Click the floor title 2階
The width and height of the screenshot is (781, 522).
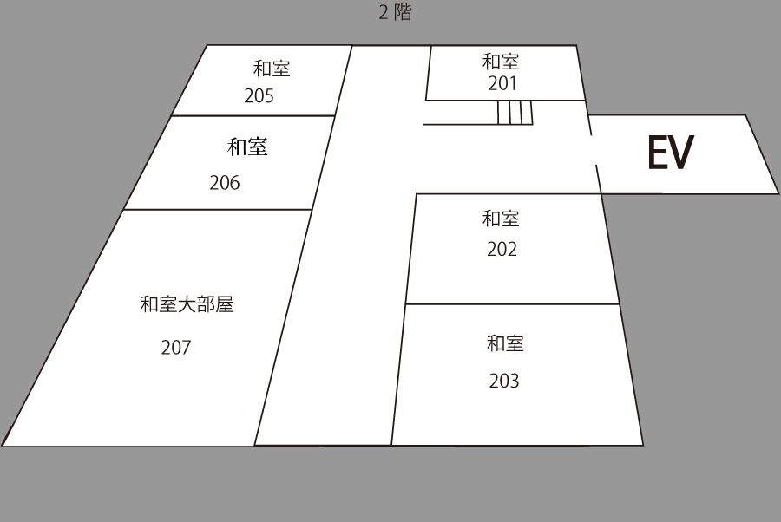[x=395, y=12]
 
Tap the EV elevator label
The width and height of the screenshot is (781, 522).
[x=671, y=153]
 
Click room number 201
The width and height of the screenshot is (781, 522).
[x=502, y=83]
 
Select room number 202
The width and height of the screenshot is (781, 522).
[x=502, y=250]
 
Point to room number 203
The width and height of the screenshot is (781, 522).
[x=504, y=382]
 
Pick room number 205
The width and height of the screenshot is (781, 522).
[x=259, y=96]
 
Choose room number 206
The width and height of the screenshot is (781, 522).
[x=225, y=183]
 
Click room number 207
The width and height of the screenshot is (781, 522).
[x=176, y=348]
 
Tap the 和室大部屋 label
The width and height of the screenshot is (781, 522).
[x=187, y=304]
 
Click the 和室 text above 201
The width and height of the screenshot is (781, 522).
[x=501, y=62]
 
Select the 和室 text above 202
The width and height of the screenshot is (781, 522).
[x=501, y=219]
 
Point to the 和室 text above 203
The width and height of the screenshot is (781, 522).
[x=505, y=343]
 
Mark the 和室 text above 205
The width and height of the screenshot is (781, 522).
[x=272, y=69]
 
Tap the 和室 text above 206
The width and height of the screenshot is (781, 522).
[x=247, y=147]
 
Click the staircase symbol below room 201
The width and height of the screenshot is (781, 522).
[x=515, y=113]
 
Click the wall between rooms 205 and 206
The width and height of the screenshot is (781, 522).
[x=253, y=116]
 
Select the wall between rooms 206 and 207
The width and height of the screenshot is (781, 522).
[x=218, y=210]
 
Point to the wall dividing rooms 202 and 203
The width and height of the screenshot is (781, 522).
[x=513, y=304]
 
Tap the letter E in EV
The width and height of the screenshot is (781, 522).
[x=658, y=153]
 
